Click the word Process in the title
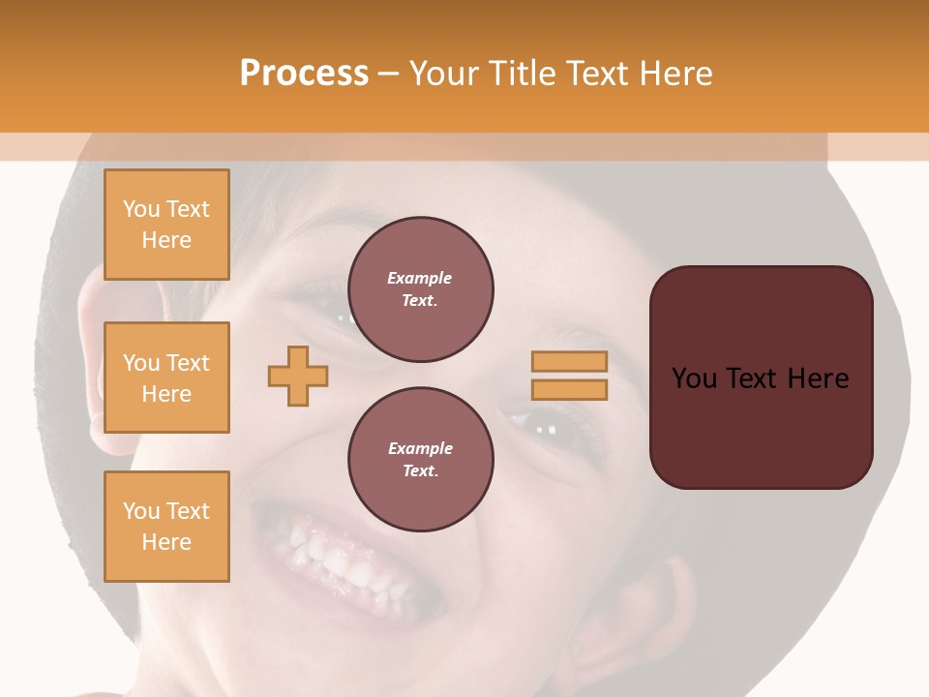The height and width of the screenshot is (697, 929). pos(304,74)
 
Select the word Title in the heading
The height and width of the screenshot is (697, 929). pos(519,74)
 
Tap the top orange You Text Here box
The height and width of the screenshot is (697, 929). pos(166,225)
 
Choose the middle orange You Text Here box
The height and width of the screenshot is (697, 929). pos(166,378)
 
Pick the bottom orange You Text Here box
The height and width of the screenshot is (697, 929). pos(166,527)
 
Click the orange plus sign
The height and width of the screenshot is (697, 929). pos(298,376)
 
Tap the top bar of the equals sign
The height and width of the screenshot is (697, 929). pos(569,361)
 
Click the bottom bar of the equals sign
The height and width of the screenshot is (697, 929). pos(569,389)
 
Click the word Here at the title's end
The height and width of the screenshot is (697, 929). pos(674,74)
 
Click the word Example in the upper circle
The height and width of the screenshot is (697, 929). pos(420,278)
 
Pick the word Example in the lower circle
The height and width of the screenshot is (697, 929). pos(420,448)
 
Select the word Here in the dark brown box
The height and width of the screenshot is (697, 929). pos(818,379)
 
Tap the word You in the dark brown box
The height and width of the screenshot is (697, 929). pos(694,379)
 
